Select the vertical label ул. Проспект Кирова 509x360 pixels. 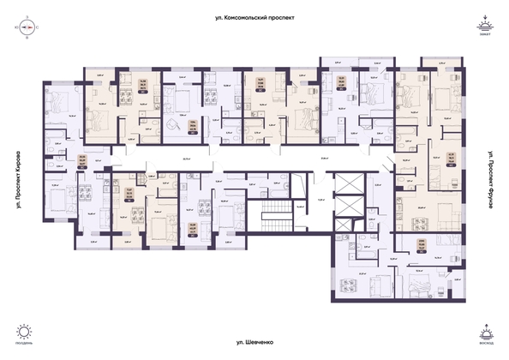click(x=18, y=181)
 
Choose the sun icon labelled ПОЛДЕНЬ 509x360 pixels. click(x=23, y=331)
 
